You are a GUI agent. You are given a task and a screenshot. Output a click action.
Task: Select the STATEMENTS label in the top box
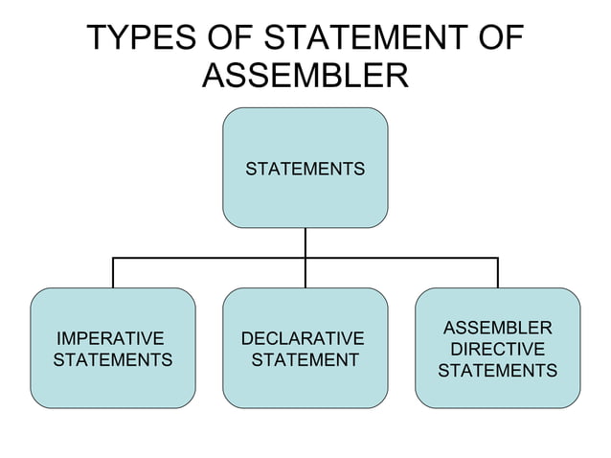coord(305,170)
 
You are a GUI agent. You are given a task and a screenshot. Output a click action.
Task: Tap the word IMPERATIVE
coord(110,339)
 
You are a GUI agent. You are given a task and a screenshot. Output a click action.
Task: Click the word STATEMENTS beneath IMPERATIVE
coord(112,360)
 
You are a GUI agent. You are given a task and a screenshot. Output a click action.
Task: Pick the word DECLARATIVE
coord(303,339)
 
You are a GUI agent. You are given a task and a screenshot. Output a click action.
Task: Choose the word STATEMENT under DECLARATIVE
coord(305,360)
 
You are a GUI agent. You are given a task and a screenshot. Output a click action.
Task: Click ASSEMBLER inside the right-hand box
coord(497,329)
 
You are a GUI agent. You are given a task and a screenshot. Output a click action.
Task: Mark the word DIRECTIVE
coord(497,350)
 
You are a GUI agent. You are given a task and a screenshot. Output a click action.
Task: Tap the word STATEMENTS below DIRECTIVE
coord(497,371)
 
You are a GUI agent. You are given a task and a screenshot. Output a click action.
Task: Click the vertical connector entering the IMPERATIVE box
coord(113,273)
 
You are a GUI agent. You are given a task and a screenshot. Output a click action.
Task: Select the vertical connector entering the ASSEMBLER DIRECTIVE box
coord(498,273)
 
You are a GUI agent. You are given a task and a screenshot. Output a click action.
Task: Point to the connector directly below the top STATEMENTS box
coord(305,242)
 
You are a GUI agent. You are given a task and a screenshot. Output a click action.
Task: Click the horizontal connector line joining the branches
coord(211,258)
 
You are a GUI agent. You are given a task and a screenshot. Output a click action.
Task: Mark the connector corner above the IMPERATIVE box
coord(113,258)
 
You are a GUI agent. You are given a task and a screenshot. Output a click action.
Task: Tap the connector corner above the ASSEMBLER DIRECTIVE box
coord(498,258)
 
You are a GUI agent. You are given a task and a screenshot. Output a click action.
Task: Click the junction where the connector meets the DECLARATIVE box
coord(305,286)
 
